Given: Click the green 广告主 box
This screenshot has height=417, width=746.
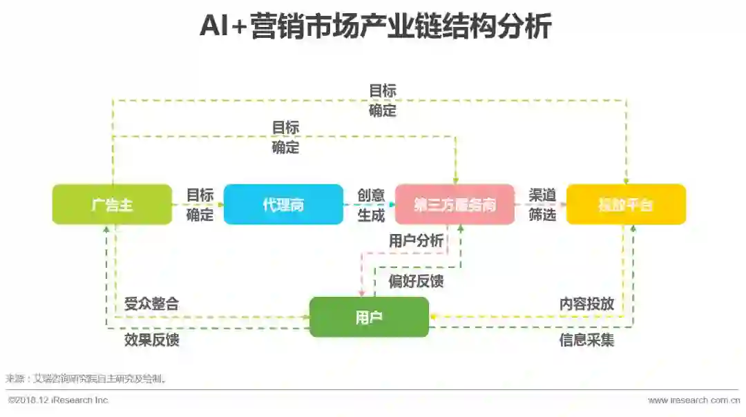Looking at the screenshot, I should click(112, 204).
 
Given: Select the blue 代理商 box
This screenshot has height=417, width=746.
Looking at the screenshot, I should click(283, 204).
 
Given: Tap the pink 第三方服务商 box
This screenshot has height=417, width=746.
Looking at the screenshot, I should click(455, 204).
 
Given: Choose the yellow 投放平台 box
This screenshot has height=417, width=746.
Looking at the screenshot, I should click(626, 204).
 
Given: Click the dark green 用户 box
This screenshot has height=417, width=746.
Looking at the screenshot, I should click(369, 317).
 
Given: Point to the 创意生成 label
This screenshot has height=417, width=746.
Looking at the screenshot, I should click(371, 205).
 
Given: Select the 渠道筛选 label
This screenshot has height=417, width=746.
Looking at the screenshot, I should click(542, 205).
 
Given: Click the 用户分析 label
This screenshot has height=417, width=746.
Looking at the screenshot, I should click(416, 241).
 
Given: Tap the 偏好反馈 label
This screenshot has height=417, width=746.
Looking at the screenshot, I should click(416, 281).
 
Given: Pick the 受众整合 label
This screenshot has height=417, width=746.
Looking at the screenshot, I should click(151, 303).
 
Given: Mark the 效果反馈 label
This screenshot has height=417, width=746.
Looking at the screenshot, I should click(151, 340).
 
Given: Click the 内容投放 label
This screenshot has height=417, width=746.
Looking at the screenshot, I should click(586, 303).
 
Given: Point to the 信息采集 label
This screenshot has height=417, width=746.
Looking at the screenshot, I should click(586, 340).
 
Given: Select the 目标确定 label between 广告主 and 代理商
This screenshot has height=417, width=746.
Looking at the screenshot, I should click(200, 205).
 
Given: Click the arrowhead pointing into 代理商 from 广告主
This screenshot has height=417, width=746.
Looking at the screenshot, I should click(221, 204).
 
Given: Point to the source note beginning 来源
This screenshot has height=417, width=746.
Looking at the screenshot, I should click(86, 378).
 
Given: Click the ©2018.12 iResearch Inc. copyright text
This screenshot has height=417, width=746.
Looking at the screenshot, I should click(58, 400).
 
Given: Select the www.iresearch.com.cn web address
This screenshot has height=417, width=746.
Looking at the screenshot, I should click(694, 400).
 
